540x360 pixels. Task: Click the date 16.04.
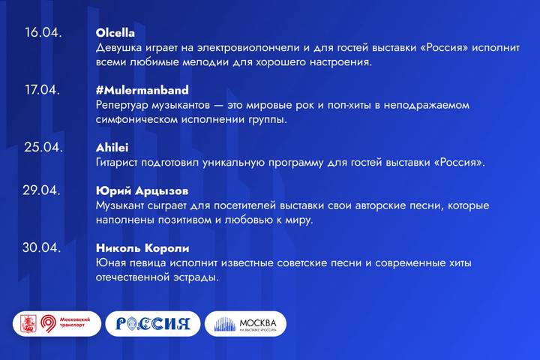pos(43,33)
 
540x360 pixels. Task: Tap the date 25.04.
pos(42,147)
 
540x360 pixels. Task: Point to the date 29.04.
pos(42,190)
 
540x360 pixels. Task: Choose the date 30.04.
pos(42,247)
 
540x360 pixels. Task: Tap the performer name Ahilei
pos(113,147)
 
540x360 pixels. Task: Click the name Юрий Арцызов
pos(142,190)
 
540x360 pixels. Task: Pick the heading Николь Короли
pos(142,247)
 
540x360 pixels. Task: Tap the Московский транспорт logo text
pos(79,324)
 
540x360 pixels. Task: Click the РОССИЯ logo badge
pos(153,324)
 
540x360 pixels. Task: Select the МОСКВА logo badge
pos(245,324)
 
